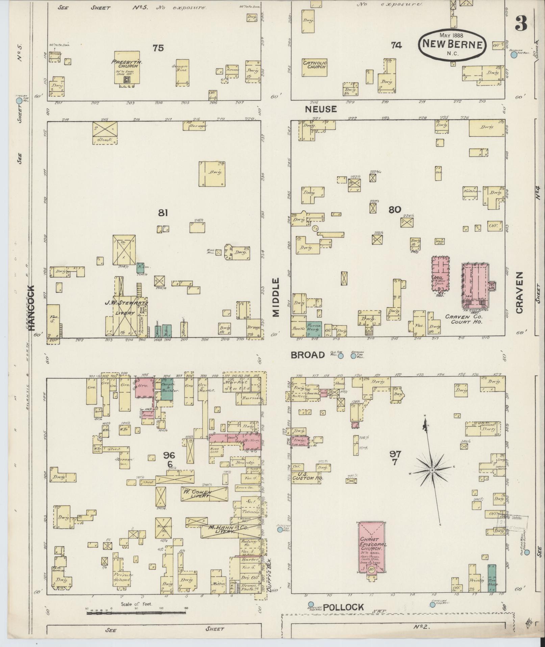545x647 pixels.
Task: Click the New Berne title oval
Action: pyautogui.click(x=452, y=45)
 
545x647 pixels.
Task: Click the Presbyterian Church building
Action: pyautogui.click(x=127, y=67)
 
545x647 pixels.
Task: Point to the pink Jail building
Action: pyautogui.click(x=441, y=274)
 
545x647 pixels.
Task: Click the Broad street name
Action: pyautogui.click(x=307, y=355)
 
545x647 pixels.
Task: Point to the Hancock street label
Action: pyautogui.click(x=31, y=308)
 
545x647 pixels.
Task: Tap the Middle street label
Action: pyautogui.click(x=276, y=297)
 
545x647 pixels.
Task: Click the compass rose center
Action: pyautogui.click(x=432, y=470)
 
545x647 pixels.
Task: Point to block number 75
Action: pyautogui.click(x=158, y=48)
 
